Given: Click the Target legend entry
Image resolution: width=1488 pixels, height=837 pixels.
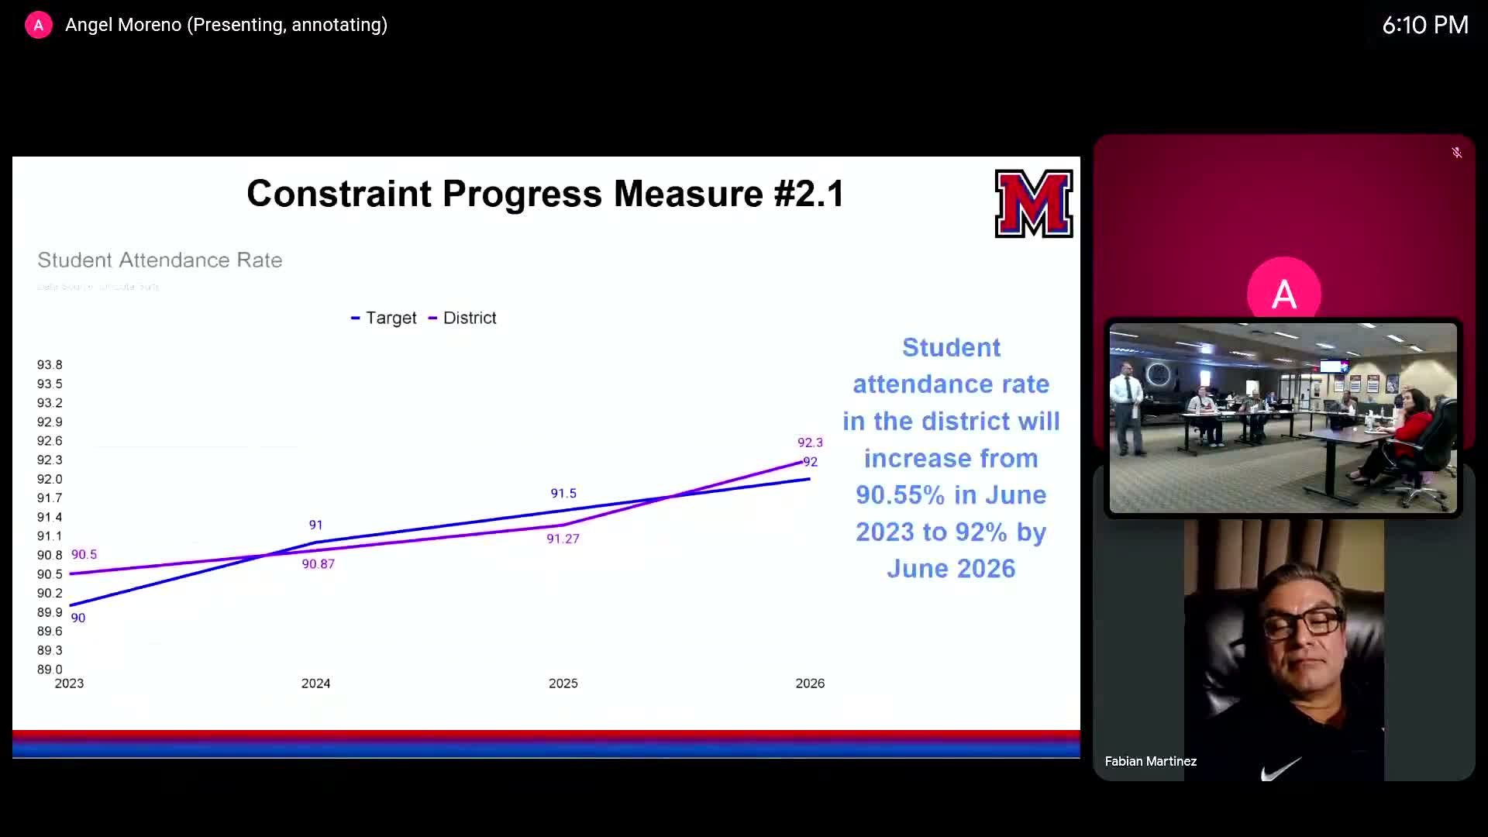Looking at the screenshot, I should click(384, 318).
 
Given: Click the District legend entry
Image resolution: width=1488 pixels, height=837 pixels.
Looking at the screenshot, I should click(463, 318).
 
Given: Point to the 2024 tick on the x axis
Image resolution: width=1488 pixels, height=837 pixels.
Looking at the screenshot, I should click(315, 684).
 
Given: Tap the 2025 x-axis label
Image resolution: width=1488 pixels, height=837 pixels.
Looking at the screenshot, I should click(563, 684).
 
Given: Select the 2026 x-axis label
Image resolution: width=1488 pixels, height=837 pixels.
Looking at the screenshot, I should click(810, 684).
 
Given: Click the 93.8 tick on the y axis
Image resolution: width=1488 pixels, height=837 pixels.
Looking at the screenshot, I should click(50, 365).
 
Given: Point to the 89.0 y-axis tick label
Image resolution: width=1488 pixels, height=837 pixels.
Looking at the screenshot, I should click(50, 670).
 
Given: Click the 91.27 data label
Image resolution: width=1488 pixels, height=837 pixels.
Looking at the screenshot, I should click(563, 539).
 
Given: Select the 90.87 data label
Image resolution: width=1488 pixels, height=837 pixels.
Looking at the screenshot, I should click(318, 564).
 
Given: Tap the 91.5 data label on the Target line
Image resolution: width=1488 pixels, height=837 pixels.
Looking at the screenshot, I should click(563, 494).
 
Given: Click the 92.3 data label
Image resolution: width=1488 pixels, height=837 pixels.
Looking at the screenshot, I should click(810, 443).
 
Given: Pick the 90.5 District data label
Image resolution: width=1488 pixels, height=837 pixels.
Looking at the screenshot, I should click(84, 555).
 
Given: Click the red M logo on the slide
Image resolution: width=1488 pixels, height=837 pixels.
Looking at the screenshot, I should click(1033, 204).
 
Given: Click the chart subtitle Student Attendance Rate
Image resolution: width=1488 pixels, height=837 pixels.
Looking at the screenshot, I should click(160, 260).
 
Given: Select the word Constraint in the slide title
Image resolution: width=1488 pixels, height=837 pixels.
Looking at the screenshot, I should click(339, 194).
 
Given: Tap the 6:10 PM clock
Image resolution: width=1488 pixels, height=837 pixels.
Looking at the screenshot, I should click(1424, 25).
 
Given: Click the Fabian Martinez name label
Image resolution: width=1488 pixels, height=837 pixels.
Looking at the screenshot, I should click(1150, 762).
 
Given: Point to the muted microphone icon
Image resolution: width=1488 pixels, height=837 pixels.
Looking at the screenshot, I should click(1456, 153).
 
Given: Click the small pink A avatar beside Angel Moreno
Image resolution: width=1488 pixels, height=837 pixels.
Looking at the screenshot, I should click(38, 25).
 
